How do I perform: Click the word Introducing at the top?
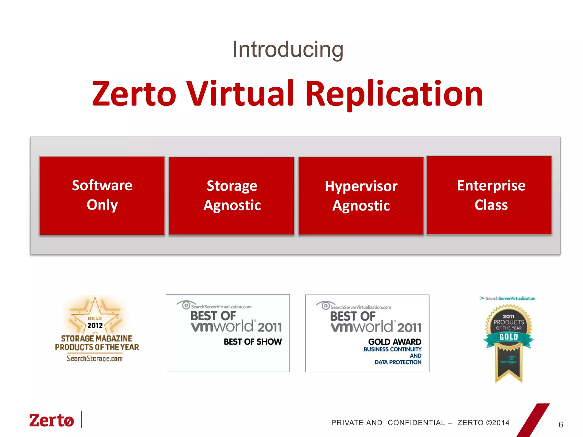288,50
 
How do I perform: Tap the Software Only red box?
102,196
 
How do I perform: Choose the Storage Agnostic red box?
231,196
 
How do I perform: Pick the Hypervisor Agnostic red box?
361,196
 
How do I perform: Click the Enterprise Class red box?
489,195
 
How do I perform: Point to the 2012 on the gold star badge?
95,325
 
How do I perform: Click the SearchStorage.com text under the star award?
95,358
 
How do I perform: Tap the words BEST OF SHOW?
253,342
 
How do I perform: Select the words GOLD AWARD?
395,342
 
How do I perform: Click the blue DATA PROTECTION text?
398,362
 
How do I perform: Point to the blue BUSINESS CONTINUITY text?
392,349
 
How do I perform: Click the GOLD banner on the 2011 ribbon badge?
508,337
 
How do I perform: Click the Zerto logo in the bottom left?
52,420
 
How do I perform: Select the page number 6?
561,424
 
